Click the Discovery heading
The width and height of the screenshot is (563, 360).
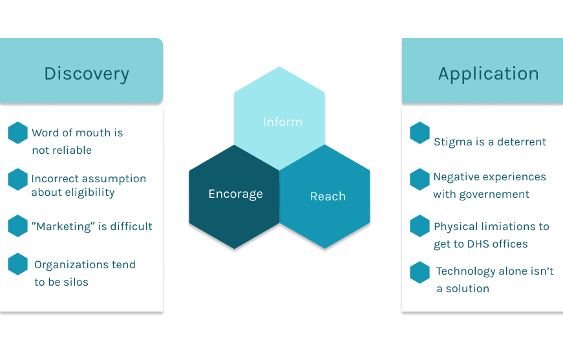tap(87, 74)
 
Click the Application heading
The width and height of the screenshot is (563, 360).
tap(488, 74)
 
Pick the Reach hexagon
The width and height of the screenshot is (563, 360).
tap(328, 196)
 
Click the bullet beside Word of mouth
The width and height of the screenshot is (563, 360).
tap(17, 133)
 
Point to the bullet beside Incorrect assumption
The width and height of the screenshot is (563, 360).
tap(17, 179)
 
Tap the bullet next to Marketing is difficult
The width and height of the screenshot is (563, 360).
tap(17, 226)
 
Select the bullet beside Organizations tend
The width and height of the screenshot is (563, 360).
tap(17, 264)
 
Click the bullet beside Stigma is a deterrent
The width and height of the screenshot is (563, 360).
tap(420, 133)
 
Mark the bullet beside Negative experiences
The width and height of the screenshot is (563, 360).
tap(420, 179)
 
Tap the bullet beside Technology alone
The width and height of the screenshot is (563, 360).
tap(420, 272)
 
